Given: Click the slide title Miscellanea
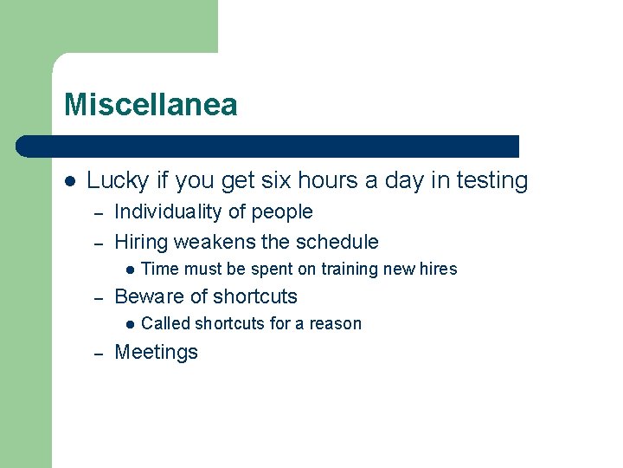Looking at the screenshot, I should pyautogui.click(x=151, y=106).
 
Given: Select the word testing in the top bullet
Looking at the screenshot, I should pyautogui.click(x=491, y=181).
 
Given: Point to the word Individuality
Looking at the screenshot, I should pyautogui.click(x=169, y=212).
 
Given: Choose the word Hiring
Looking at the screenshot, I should pyautogui.click(x=141, y=242).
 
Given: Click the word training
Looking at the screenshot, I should pyautogui.click(x=349, y=270).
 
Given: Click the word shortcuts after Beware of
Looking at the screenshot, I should pyautogui.click(x=255, y=296).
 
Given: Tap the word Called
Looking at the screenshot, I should pyautogui.click(x=165, y=324).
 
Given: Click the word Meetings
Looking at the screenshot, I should pyautogui.click(x=156, y=352).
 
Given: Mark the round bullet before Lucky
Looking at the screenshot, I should pyautogui.click(x=71, y=182).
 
